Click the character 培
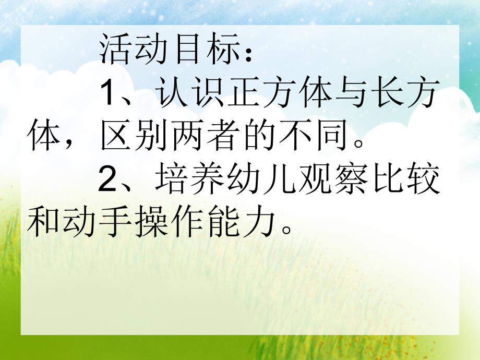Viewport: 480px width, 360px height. tap(171, 183)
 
